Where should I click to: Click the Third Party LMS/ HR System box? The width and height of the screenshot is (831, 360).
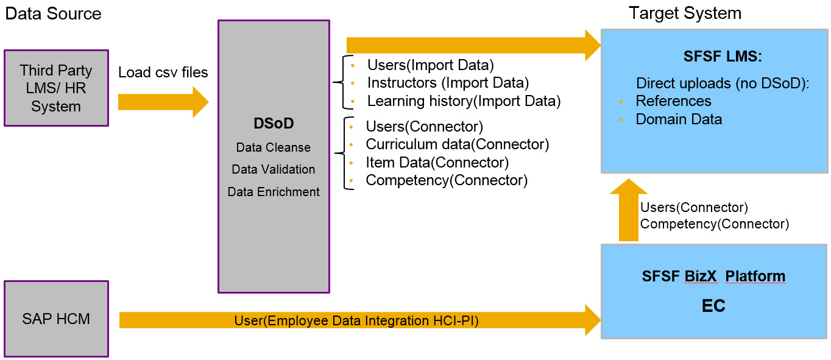[56, 88]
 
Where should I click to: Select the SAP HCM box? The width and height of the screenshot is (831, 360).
[56, 319]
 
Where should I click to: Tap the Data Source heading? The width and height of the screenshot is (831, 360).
[54, 13]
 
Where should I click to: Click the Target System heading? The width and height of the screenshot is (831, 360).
[685, 13]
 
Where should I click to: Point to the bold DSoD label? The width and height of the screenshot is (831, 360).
[274, 124]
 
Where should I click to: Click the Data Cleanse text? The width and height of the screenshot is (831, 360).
[274, 147]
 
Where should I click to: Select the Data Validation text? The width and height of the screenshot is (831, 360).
[274, 169]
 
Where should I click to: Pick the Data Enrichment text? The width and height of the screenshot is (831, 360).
[274, 192]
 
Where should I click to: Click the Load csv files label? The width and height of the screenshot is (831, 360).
[163, 72]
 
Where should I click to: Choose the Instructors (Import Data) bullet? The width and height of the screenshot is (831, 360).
[448, 82]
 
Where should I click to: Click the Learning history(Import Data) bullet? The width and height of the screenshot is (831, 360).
[464, 101]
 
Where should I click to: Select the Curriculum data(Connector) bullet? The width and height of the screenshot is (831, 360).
[457, 144]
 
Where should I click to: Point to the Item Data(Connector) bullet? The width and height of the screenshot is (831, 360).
[437, 162]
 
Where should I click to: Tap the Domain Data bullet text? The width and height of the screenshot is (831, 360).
[679, 119]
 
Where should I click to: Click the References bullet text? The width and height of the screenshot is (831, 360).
[673, 101]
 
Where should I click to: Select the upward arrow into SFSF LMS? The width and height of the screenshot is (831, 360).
[628, 210]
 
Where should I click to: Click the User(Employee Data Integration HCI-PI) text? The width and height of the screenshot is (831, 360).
[356, 320]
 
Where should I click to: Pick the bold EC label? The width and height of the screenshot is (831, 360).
[713, 305]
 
